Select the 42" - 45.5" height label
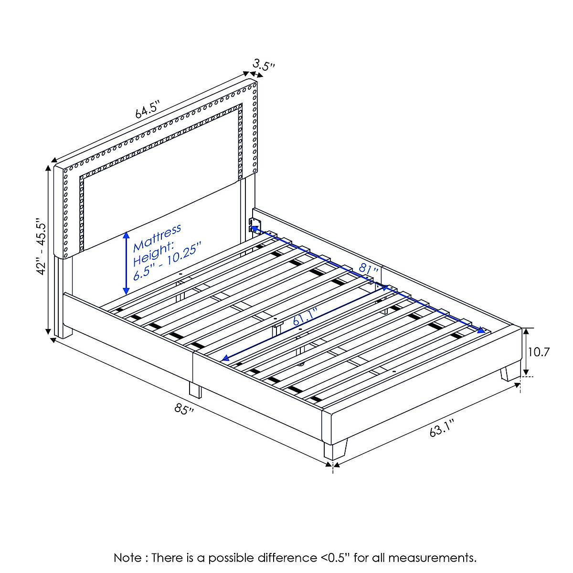point(41,247)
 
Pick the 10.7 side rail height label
point(539,352)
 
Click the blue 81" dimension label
point(368,268)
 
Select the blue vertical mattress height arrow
point(126,263)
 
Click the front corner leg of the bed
point(336,449)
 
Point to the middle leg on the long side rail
point(195,390)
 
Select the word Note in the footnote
point(127,558)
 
